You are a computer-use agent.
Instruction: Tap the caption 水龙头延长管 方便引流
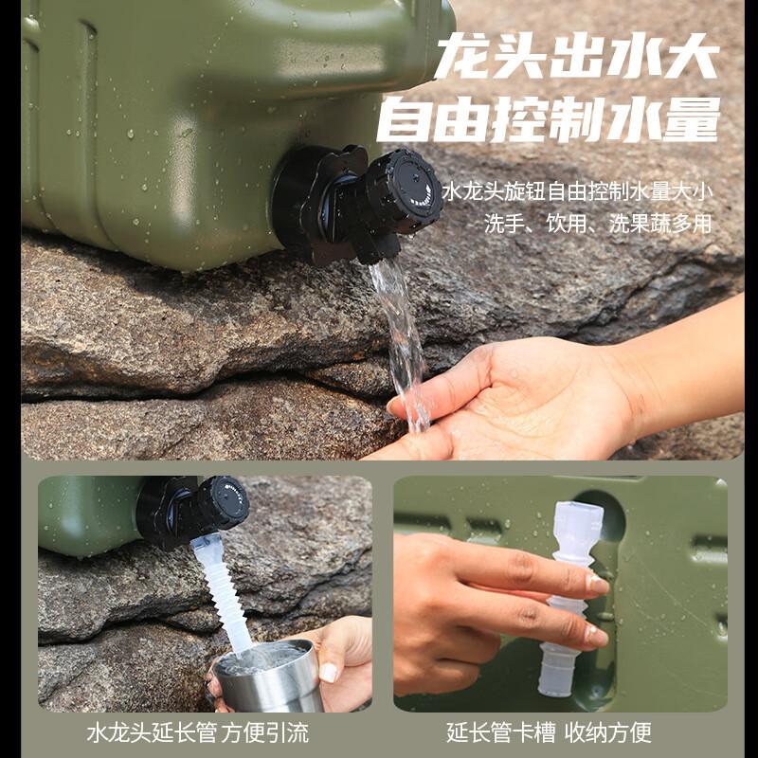click(x=197, y=732)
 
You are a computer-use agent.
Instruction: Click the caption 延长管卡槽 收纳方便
click(x=549, y=732)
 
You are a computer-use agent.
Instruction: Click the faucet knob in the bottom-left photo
click(x=222, y=503)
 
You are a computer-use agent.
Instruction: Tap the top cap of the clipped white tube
click(x=581, y=522)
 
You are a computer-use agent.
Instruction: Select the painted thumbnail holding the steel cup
click(x=329, y=672)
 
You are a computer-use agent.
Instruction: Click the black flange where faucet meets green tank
click(x=298, y=199)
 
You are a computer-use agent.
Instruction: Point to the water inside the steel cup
click(x=261, y=658)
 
